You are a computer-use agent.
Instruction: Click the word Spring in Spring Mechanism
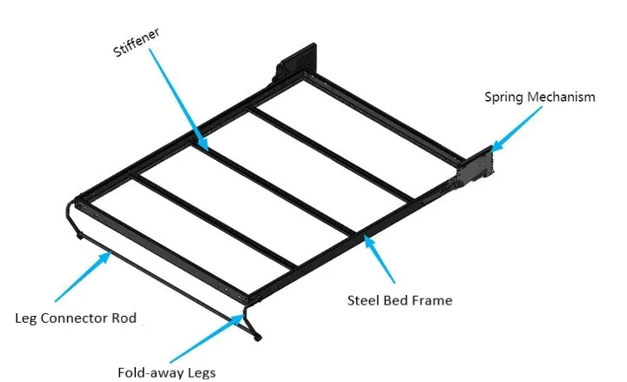[504, 97]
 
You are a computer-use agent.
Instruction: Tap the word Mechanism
[561, 97]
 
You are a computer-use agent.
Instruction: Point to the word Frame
[431, 300]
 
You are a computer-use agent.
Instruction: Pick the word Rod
[125, 318]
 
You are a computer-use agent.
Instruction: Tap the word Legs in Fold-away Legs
[199, 372]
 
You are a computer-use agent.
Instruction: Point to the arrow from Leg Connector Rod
[84, 277]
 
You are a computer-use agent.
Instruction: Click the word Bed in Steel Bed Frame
[396, 300]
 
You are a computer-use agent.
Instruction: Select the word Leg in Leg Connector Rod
[32, 318]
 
